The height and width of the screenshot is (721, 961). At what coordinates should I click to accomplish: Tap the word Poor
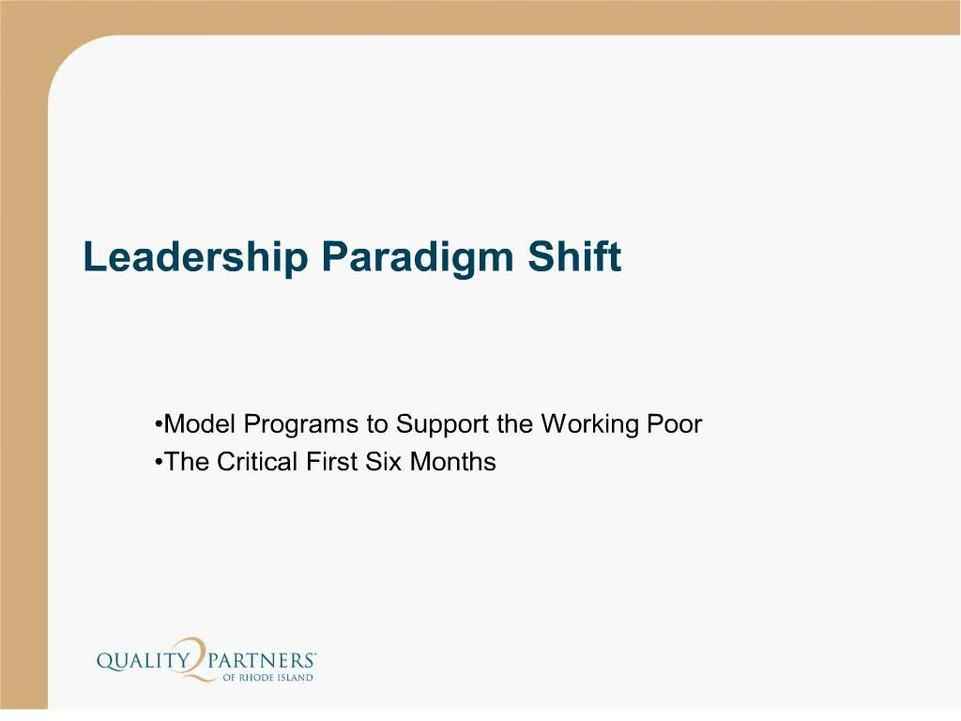coord(675,424)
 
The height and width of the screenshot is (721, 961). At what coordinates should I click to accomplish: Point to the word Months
coord(453,462)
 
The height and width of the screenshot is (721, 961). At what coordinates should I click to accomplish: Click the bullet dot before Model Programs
coord(159,425)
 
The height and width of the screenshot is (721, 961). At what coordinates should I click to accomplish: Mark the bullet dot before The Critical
coord(159,463)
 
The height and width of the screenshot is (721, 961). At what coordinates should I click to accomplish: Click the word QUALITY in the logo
coord(142,662)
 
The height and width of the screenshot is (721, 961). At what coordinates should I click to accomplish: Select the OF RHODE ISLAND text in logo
coord(267,678)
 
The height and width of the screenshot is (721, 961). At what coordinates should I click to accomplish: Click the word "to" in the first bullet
coord(377,425)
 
